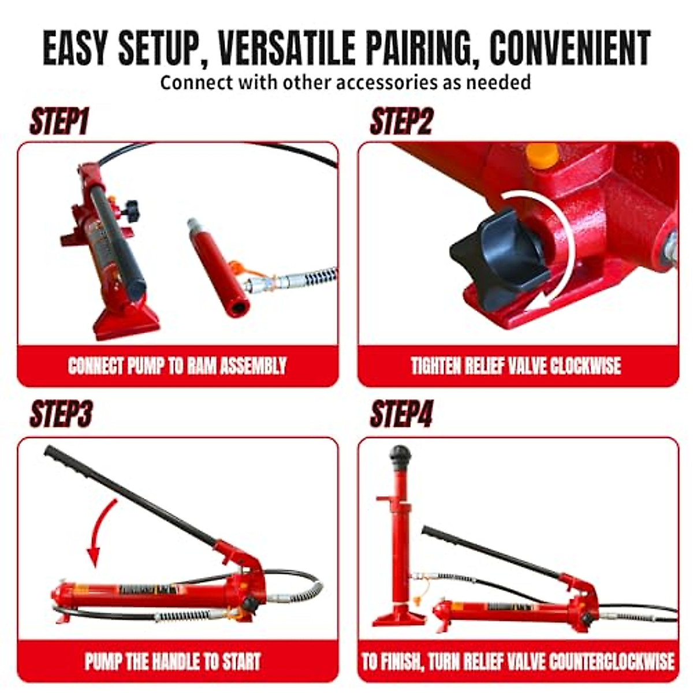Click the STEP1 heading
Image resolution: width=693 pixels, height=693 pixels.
pos(59,122)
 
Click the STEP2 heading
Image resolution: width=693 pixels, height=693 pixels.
pos(401,122)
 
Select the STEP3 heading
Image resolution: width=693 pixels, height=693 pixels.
pos(61,414)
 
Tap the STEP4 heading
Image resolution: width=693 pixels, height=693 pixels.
pos(401,414)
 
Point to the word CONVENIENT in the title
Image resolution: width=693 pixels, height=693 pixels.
pos(570,49)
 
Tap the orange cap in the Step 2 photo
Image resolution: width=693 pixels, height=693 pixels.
pos(542,155)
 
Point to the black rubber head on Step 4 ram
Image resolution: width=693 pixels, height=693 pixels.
pos(399,457)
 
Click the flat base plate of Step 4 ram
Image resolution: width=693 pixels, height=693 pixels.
pos(398,620)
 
